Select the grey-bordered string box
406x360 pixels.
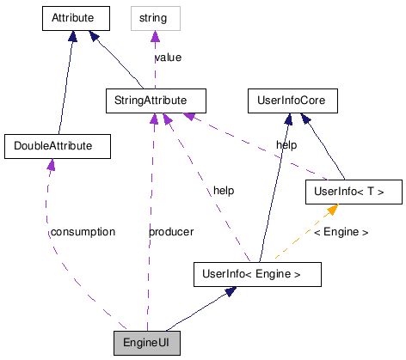(155, 16)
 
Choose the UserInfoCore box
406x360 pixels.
(292, 101)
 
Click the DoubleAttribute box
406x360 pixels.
(58, 145)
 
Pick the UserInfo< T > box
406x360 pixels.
(354, 191)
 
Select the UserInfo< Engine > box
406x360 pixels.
(256, 275)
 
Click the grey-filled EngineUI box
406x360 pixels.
(147, 342)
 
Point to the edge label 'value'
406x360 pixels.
(168, 58)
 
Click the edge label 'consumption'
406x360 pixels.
(83, 232)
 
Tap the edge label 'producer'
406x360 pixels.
(170, 232)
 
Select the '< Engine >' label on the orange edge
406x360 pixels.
(341, 232)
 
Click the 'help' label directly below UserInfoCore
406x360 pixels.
(286, 145)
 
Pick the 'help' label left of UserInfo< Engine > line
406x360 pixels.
(224, 190)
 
